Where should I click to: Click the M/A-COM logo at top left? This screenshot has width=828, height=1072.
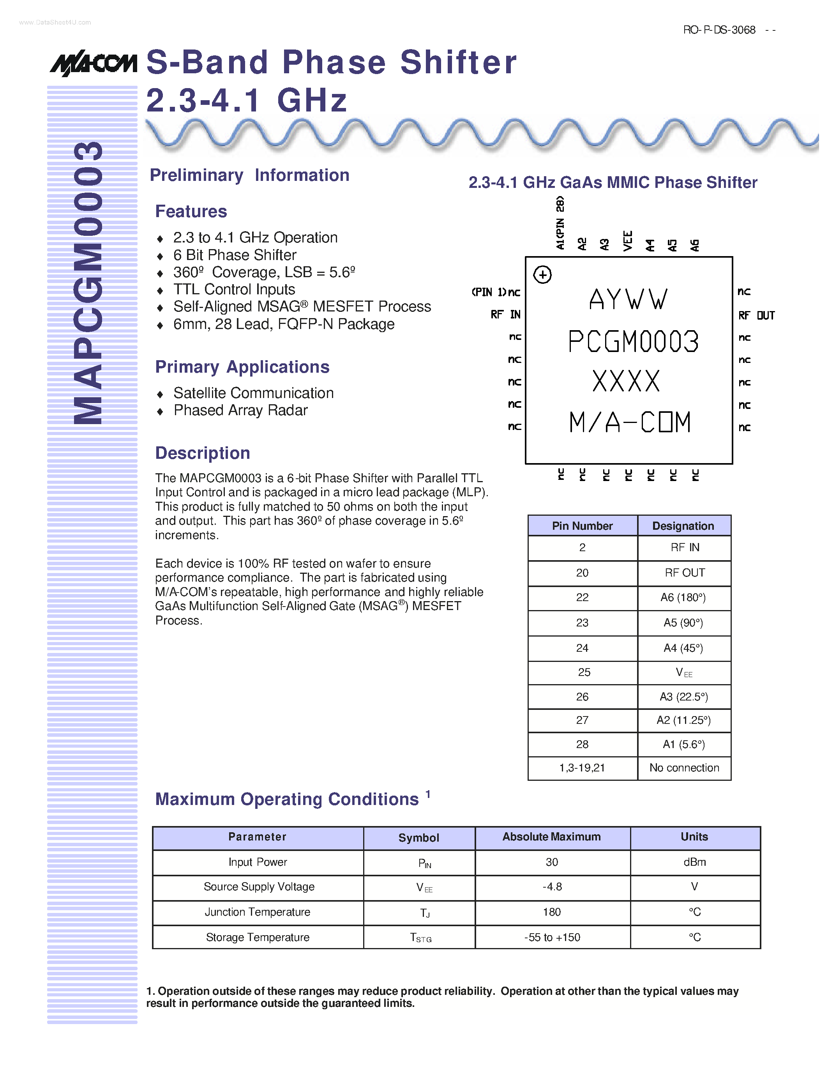tap(93, 63)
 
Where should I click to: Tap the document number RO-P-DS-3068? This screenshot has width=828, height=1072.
tap(719, 30)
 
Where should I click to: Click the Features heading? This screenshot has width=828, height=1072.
tap(191, 212)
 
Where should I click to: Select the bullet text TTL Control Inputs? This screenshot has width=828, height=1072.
tap(234, 289)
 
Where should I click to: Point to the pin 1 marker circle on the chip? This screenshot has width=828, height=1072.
tap(542, 274)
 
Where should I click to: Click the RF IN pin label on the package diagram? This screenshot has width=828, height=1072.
tap(505, 315)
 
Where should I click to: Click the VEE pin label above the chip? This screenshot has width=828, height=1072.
tap(627, 241)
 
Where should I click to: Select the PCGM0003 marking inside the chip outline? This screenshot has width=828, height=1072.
tap(633, 341)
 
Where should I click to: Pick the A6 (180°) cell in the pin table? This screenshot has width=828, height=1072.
tap(683, 597)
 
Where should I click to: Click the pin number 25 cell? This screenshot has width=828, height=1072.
tap(583, 672)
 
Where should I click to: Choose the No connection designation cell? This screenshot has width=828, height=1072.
tap(684, 768)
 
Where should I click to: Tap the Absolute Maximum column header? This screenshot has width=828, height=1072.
tap(551, 837)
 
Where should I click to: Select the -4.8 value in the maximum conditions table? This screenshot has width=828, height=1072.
tap(552, 887)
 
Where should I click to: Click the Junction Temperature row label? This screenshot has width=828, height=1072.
tap(258, 912)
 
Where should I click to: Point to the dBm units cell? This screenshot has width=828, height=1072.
tap(695, 862)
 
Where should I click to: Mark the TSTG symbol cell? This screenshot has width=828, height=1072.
tap(420, 938)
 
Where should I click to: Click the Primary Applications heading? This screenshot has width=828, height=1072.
tap(242, 367)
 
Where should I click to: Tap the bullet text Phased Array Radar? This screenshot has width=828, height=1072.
tap(240, 410)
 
